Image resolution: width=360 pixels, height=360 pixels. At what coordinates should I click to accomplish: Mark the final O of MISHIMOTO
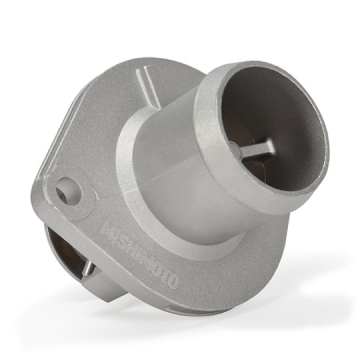coord(171,281)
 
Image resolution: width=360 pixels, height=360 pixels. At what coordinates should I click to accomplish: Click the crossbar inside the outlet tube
coord(257,148)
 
